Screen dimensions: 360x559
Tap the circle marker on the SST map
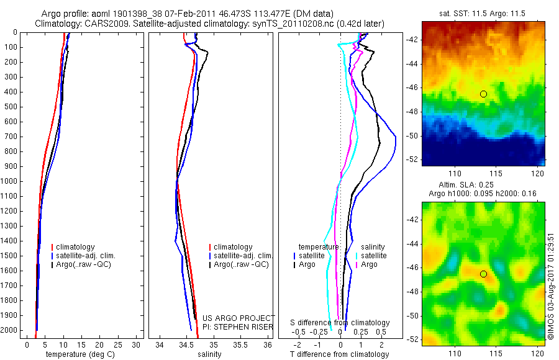pyautogui.click(x=483, y=94)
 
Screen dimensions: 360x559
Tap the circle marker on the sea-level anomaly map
pyautogui.click(x=483, y=274)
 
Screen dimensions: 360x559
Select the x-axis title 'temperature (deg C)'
pyautogui.click(x=78, y=354)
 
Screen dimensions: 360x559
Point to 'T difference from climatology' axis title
pyautogui.click(x=339, y=354)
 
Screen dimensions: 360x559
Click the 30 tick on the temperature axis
pyautogui.click(x=137, y=344)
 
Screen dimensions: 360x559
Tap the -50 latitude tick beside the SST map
pyautogui.click(x=411, y=135)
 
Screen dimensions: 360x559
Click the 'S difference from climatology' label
pyautogui.click(x=340, y=323)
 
